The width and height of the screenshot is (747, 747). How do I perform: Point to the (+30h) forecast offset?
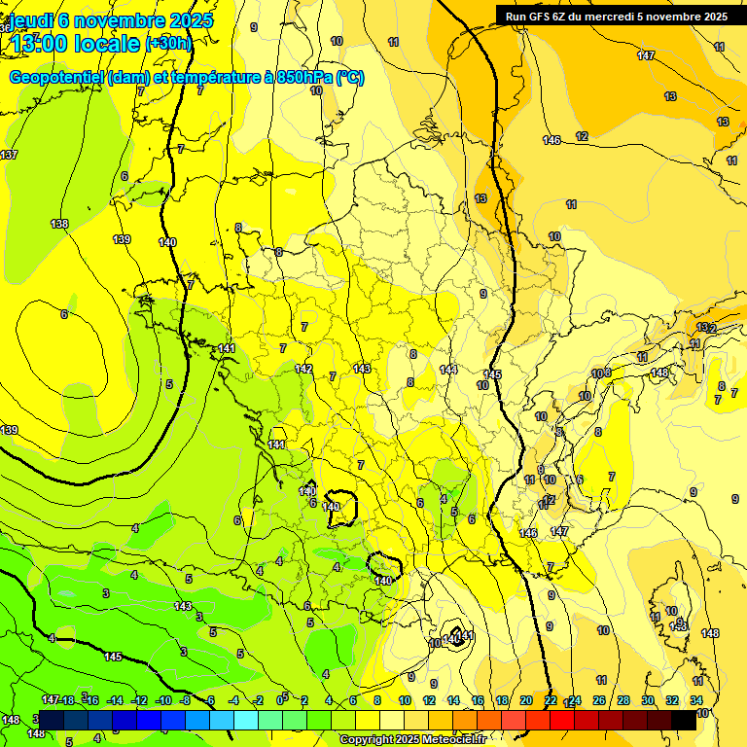pyautogui.click(x=169, y=44)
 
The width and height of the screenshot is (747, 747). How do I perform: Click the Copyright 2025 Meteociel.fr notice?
pyautogui.click(x=412, y=740)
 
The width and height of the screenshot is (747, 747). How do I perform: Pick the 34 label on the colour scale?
pyautogui.click(x=696, y=700)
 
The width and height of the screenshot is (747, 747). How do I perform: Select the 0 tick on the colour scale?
pyautogui.click(x=280, y=700)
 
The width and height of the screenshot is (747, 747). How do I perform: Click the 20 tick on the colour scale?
pyautogui.click(x=526, y=700)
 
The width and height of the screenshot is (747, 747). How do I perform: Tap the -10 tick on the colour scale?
pyautogui.click(x=163, y=700)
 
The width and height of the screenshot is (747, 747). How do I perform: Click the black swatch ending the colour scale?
pyautogui.click(x=684, y=720)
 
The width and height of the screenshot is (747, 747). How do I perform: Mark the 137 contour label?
pyautogui.click(x=9, y=156)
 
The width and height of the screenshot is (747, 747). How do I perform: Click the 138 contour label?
pyautogui.click(x=59, y=224)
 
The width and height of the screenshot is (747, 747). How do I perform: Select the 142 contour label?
pyautogui.click(x=303, y=369)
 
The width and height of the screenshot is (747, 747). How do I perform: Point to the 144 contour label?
pyautogui.click(x=448, y=369)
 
